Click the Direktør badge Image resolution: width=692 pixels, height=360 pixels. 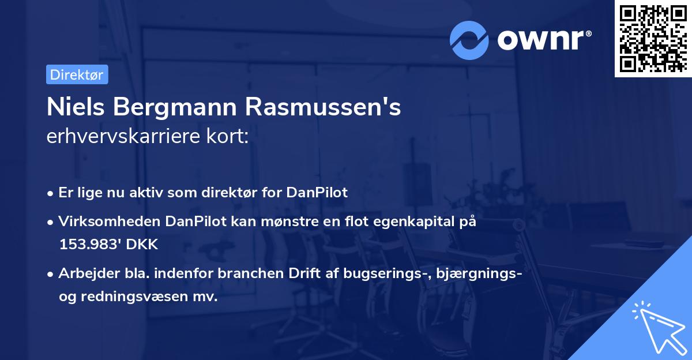(77, 74)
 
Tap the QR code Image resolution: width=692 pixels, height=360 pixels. (652, 39)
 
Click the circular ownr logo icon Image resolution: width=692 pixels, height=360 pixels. (469, 40)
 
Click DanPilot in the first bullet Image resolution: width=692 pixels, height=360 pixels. (317, 193)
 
